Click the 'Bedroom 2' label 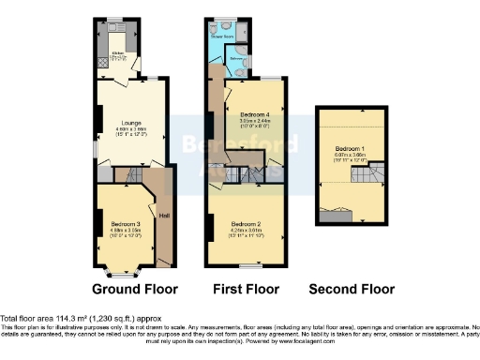(245, 223)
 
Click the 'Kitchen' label (119, 52)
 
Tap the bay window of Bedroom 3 (120, 273)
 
